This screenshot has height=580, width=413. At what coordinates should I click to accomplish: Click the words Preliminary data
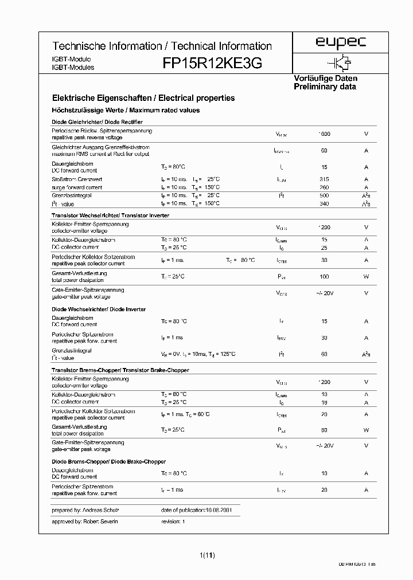[325, 87]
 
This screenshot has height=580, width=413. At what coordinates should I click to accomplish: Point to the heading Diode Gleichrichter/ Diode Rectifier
[97, 122]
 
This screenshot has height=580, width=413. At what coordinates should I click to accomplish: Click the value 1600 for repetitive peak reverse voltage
[324, 134]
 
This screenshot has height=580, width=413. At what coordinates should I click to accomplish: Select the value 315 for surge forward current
[324, 179]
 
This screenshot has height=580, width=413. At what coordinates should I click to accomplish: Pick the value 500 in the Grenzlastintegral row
[324, 195]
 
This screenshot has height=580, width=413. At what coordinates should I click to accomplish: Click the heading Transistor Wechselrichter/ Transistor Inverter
[110, 215]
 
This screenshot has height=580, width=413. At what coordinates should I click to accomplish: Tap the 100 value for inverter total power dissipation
[324, 277]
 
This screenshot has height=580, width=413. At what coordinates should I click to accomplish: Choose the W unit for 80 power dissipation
[366, 430]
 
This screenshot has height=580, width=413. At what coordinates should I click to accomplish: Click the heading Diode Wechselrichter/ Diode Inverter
[98, 309]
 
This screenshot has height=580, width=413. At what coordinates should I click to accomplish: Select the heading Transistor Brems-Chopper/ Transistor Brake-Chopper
[120, 370]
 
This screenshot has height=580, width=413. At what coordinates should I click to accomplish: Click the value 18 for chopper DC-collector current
[324, 402]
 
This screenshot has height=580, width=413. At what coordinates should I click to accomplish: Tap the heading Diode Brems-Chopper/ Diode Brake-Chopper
[108, 461]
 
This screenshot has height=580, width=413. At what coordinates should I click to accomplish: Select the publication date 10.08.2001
[217, 510]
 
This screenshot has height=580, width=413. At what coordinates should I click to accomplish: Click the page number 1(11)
[208, 554]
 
